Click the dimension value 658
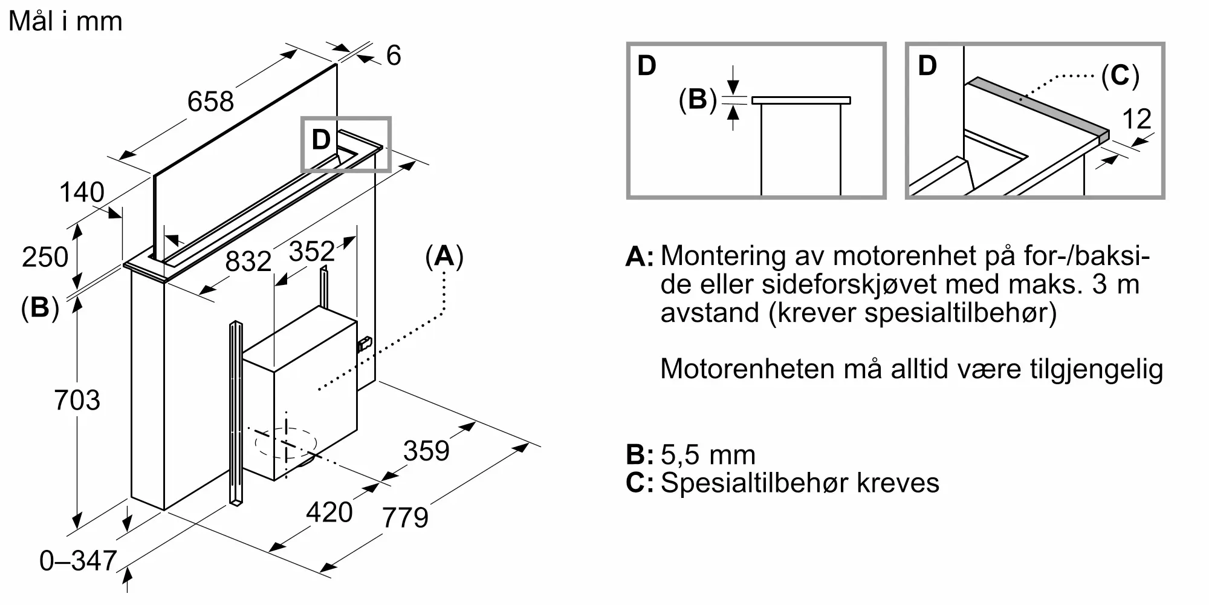[x=210, y=101]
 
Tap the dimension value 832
[x=248, y=261]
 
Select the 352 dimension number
[x=312, y=251]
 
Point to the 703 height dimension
[x=77, y=400]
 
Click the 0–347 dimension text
[x=78, y=561]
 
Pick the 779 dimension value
[x=405, y=517]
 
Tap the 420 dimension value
[x=329, y=512]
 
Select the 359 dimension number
[x=427, y=451]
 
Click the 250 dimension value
[x=45, y=257]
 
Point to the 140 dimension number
[x=82, y=192]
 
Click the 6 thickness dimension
[x=394, y=56]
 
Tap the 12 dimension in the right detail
[x=1136, y=119]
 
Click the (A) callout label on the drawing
[x=444, y=257]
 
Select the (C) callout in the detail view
[x=1120, y=76]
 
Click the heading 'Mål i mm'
[x=65, y=21]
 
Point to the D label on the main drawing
[x=321, y=140]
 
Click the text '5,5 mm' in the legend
[x=708, y=455]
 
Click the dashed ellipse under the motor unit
[x=286, y=443]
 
